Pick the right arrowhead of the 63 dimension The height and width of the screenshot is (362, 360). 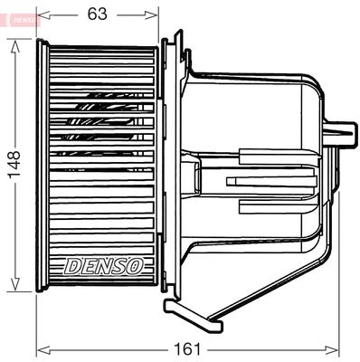155,14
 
